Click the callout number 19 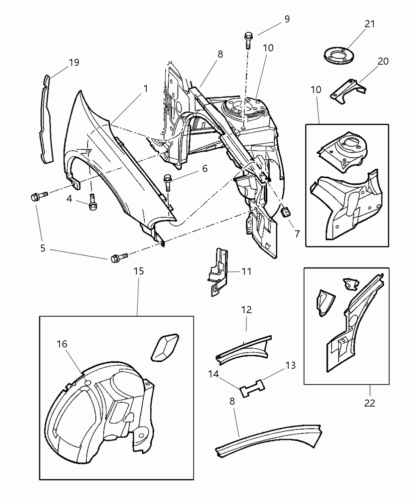(x=74, y=62)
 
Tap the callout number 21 (x=369, y=24)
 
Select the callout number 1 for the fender (x=145, y=89)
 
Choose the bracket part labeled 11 (x=217, y=272)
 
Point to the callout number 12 (x=246, y=310)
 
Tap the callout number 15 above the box (x=138, y=271)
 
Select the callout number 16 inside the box (x=62, y=344)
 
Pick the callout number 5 (x=43, y=248)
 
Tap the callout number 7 (x=297, y=233)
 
